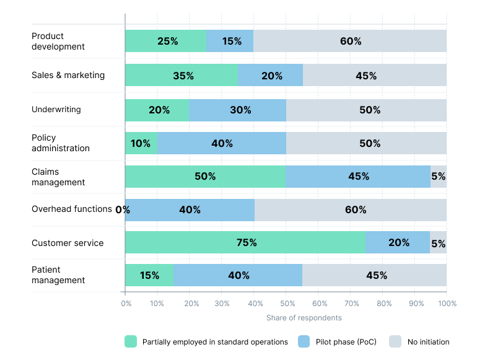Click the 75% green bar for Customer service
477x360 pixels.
[245, 242]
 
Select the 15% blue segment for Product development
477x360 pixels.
[230, 41]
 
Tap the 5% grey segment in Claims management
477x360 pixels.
[439, 176]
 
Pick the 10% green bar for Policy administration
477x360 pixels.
[141, 143]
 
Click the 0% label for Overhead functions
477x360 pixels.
[123, 209]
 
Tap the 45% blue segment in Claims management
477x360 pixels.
[358, 176]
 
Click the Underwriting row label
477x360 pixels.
[56, 110]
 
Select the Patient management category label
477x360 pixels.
[58, 275]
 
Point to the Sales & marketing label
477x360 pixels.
[68, 75]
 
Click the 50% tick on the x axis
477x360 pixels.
[286, 304]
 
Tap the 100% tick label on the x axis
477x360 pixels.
[447, 304]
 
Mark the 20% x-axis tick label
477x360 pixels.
[190, 304]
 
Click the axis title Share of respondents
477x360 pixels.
[304, 318]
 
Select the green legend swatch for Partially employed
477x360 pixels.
[131, 341]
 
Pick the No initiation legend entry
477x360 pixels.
[428, 341]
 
